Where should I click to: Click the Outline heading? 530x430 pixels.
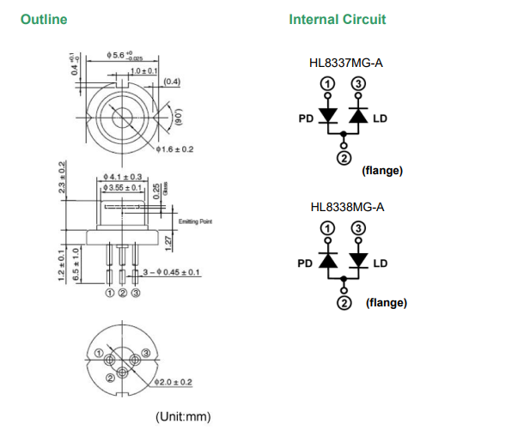[x=43, y=19]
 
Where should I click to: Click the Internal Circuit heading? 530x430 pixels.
[x=338, y=19]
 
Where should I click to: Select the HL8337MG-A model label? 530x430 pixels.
[x=346, y=63]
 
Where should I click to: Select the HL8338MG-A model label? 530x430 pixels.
[x=346, y=207]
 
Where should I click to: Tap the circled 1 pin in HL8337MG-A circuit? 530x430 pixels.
[x=326, y=83]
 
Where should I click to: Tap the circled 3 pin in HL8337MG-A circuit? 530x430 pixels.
[x=358, y=83]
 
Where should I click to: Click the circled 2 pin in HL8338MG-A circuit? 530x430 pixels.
[x=344, y=303]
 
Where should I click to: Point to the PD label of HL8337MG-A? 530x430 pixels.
[x=306, y=119]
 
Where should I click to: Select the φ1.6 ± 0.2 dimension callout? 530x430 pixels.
[x=175, y=149]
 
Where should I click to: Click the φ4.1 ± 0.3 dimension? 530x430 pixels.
[x=120, y=177]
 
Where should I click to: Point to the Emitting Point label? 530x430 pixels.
[x=195, y=223]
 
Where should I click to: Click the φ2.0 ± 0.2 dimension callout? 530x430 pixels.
[x=172, y=382]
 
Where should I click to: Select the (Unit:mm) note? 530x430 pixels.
[x=182, y=417]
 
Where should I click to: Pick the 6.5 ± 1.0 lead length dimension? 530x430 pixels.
[x=76, y=266]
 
